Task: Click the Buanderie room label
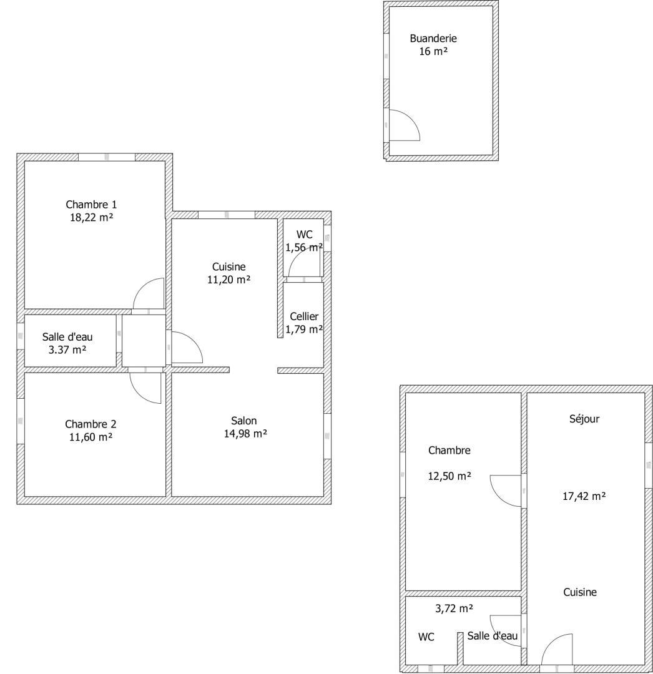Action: pos(433,39)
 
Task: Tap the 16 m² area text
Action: pos(433,52)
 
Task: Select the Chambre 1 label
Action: pos(91,205)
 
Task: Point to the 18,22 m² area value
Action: pos(91,218)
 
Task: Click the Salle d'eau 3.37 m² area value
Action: pos(67,350)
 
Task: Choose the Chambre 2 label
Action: pos(91,424)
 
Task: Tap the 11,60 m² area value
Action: pos(91,437)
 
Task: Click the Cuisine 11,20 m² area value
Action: pos(228,280)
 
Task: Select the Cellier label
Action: pos(304,317)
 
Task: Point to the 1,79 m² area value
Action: pos(304,330)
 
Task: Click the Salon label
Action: pos(243,421)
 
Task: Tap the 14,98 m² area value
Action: pos(245,434)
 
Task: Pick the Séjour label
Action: pos(584,419)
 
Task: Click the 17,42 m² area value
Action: pos(584,497)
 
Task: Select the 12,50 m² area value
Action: pos(449,476)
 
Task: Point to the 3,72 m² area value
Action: pos(454,608)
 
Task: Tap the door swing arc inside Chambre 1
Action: pos(142,286)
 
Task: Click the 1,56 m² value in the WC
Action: pos(304,248)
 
